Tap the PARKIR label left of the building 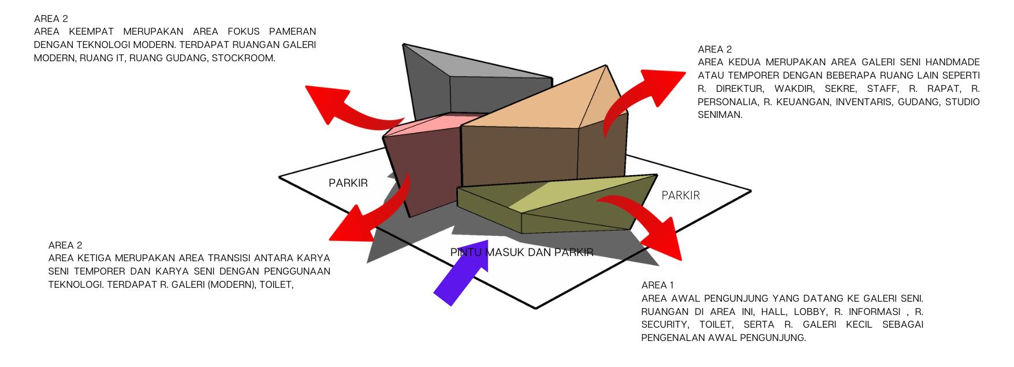(x=348, y=183)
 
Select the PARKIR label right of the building (x=680, y=195)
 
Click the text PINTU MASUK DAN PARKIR (x=521, y=253)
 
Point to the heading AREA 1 (x=657, y=285)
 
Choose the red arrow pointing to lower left (x=375, y=214)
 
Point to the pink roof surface (x=427, y=124)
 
